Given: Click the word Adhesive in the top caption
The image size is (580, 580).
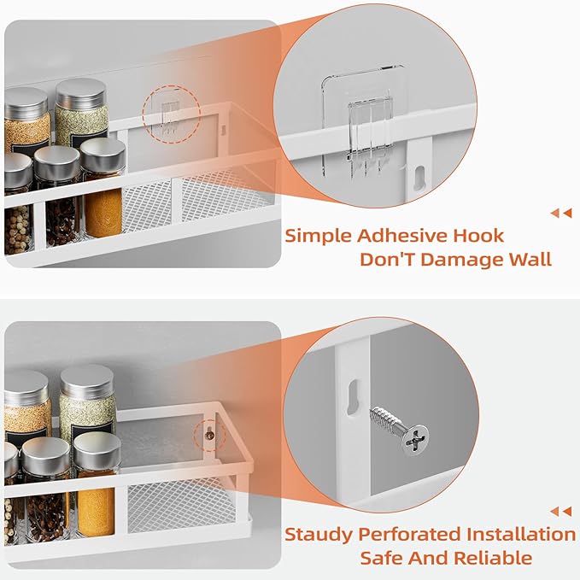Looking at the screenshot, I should click(390, 236).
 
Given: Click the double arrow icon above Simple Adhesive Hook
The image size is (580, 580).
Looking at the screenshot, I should click(561, 214).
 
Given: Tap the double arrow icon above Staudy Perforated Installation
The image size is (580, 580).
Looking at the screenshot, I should click(561, 512).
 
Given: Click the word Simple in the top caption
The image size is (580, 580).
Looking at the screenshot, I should click(318, 236).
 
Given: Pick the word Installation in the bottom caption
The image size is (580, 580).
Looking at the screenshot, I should click(520, 535).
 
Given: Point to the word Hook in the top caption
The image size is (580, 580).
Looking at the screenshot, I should click(477, 236).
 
